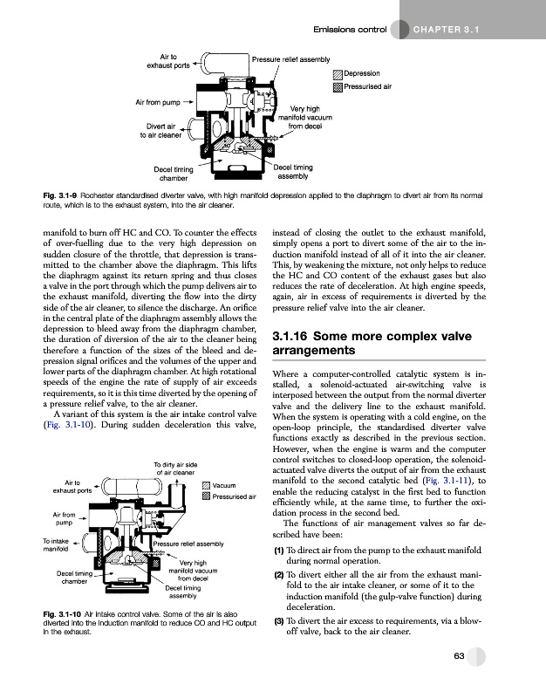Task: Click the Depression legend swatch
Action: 338,74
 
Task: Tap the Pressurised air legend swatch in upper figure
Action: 338,87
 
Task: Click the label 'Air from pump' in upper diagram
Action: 157,102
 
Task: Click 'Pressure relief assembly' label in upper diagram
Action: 290,58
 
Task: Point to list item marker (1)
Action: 278,551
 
